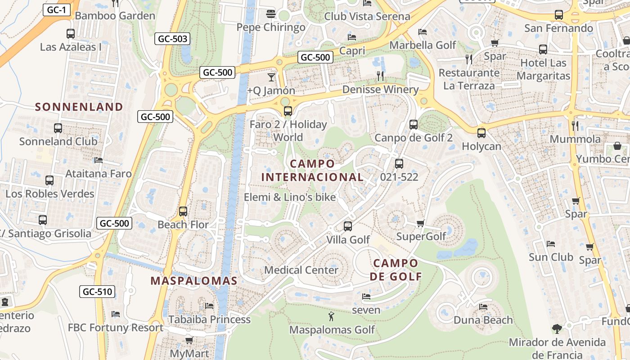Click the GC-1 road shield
[x=57, y=10]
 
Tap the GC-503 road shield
[x=172, y=39]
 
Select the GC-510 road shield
[x=97, y=292]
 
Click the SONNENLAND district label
[x=79, y=107]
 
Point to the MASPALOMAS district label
[x=193, y=281]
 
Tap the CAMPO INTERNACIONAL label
[x=312, y=170]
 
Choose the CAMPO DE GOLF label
[x=396, y=269]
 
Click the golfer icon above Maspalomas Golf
[x=332, y=316]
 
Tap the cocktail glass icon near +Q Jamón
[x=271, y=77]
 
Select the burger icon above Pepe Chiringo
[x=270, y=14]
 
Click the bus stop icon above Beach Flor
[x=183, y=211]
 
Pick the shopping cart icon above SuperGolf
[x=421, y=223]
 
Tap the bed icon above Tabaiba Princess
[x=209, y=306]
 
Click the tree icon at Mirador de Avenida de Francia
[x=557, y=329]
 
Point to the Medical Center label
[x=301, y=270]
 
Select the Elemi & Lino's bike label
[x=290, y=197]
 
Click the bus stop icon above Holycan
[x=481, y=133]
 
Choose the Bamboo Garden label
[x=115, y=16]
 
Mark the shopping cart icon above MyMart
[x=189, y=340]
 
